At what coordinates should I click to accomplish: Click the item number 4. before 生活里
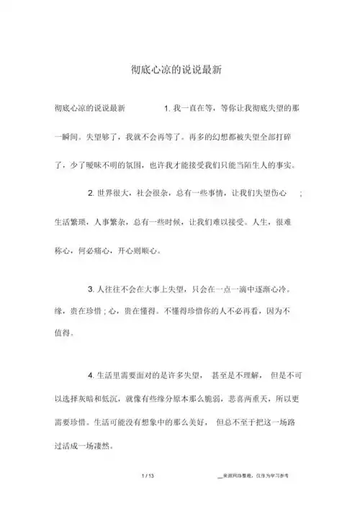pyautogui.click(x=89, y=374)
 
